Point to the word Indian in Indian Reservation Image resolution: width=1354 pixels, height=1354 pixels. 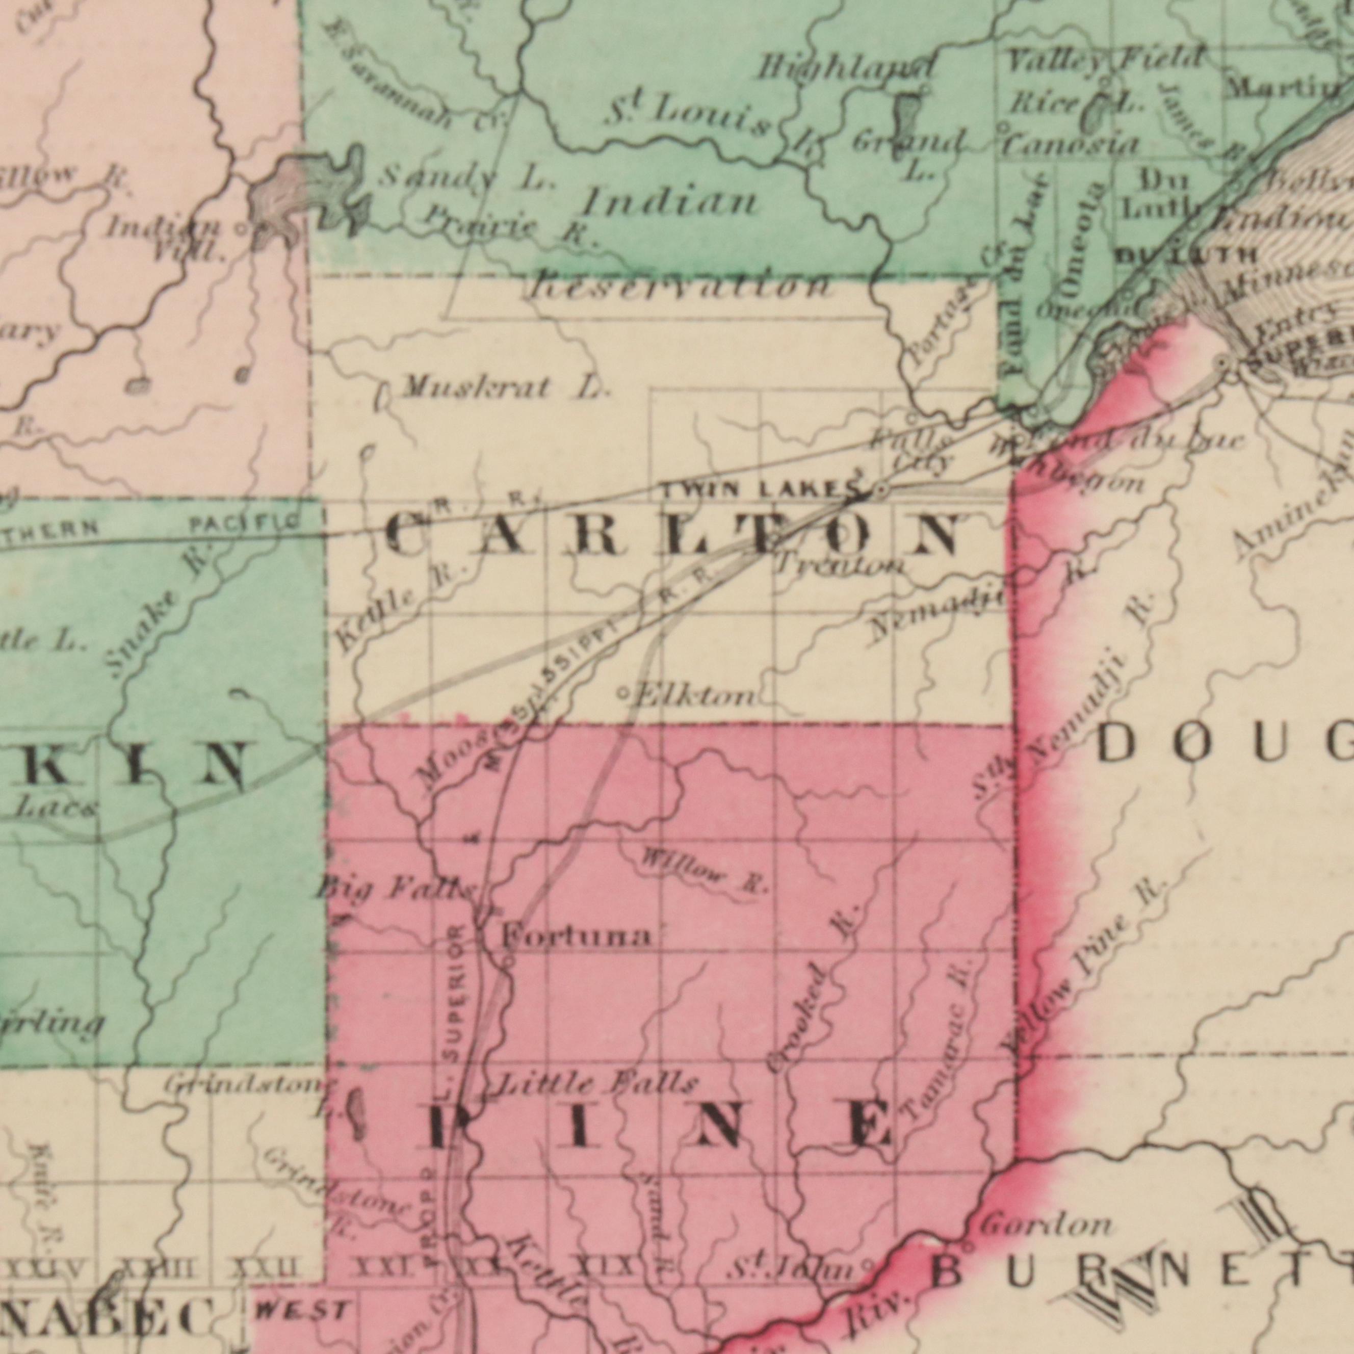(x=669, y=204)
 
